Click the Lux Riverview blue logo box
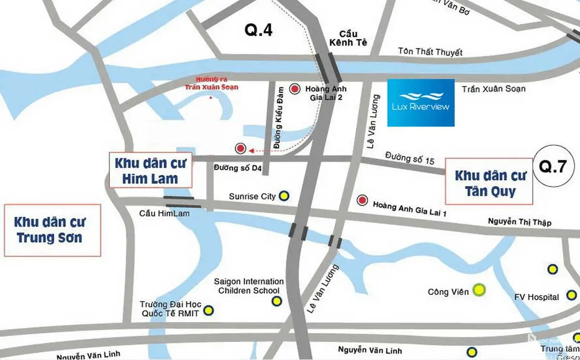click(420, 102)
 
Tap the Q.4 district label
click(259, 30)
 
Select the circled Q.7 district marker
click(553, 167)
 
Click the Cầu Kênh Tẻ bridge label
click(348, 38)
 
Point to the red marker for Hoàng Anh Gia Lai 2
click(294, 88)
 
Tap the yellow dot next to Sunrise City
click(284, 196)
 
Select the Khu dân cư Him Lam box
click(150, 171)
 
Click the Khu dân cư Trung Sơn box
click(52, 230)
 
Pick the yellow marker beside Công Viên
click(479, 290)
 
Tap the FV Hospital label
click(536, 297)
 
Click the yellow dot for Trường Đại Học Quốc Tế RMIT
click(208, 310)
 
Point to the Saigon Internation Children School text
click(249, 286)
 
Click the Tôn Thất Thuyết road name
click(430, 52)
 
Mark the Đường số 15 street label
click(410, 158)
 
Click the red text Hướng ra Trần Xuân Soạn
click(211, 83)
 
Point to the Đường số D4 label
click(238, 168)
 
